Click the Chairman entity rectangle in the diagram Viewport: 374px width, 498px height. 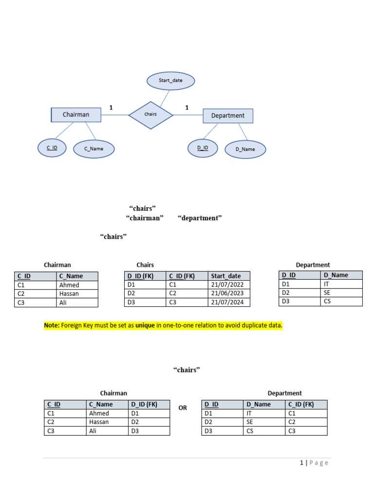[76, 115]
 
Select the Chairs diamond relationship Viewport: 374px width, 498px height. [150, 115]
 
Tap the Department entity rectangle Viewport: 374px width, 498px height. [227, 116]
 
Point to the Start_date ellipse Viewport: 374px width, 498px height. [170, 81]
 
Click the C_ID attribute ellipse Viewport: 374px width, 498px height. [52, 148]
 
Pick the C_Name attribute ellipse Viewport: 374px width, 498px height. [94, 149]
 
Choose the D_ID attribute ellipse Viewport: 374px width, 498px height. [203, 148]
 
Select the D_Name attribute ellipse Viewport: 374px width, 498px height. [245, 149]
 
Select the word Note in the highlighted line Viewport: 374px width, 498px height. [51, 325]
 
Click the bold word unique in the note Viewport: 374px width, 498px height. [145, 325]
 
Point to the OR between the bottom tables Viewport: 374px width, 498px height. [183, 408]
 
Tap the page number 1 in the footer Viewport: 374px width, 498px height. [302, 463]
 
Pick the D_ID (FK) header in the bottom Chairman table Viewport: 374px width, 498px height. [144, 404]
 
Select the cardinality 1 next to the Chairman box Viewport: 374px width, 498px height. [111, 107]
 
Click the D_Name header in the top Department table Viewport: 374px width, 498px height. [336, 275]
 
